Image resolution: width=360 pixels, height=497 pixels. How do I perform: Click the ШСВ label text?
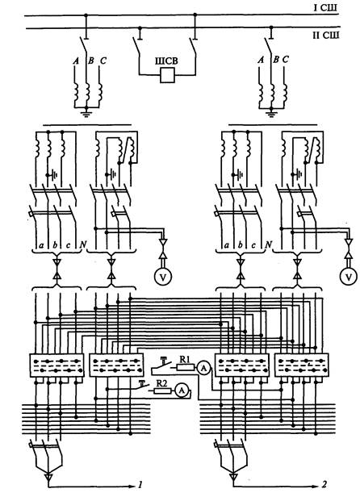point(166,61)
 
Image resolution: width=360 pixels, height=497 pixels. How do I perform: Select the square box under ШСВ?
point(167,75)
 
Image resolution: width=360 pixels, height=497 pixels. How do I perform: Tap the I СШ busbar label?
point(325,7)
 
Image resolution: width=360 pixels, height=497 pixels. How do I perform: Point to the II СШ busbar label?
point(326,35)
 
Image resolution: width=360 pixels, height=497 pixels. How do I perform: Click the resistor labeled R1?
point(185,367)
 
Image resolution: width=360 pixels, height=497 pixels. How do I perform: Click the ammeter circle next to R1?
point(204,368)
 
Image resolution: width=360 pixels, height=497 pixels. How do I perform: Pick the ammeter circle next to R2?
point(182,390)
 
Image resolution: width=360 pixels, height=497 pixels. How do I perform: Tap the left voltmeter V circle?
point(163,277)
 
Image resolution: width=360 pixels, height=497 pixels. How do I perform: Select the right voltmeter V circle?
point(348,277)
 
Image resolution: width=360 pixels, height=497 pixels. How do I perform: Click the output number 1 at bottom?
point(140,484)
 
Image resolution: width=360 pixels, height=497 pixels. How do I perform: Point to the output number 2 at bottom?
point(324,484)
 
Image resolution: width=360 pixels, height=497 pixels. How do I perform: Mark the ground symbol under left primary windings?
point(86,112)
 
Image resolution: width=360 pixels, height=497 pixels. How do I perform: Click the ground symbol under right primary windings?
point(271,112)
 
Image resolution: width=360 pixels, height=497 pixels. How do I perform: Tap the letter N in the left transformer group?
point(83,244)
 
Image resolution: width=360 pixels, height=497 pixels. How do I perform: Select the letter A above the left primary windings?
point(76,61)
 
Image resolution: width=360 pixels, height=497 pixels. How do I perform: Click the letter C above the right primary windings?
point(286,60)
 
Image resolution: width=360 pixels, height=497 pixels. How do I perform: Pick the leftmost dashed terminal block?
point(57,365)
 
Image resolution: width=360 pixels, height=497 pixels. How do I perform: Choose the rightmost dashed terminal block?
point(302,365)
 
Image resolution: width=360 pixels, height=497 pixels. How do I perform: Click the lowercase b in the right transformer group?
point(240,245)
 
